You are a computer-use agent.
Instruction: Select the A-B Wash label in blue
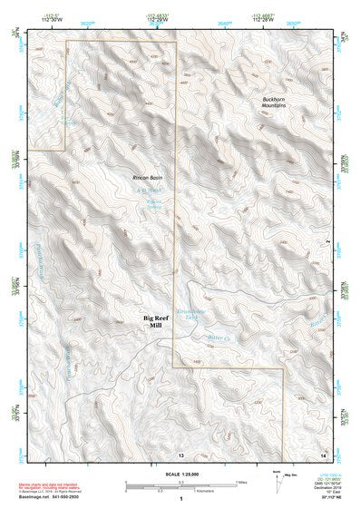(x=146, y=190)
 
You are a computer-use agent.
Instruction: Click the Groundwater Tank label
(x=193, y=314)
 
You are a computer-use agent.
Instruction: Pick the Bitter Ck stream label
(x=195, y=338)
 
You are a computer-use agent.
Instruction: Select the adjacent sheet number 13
(x=180, y=454)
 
